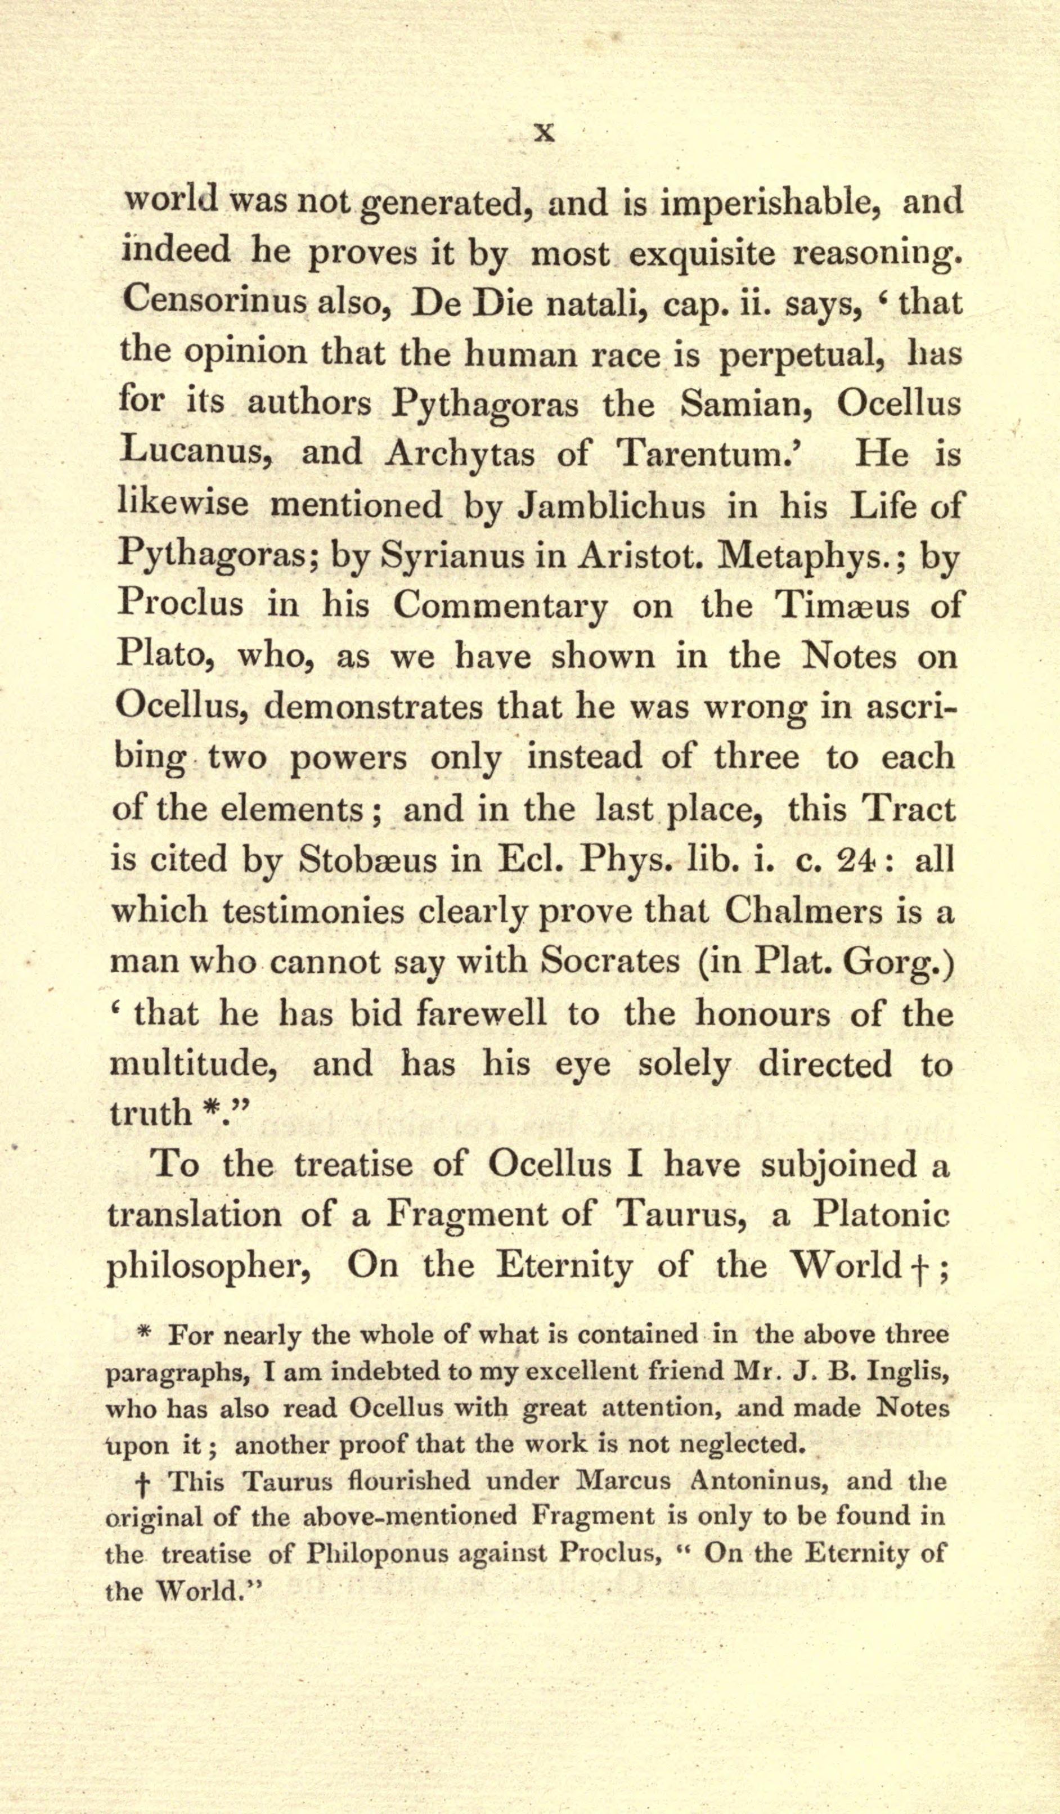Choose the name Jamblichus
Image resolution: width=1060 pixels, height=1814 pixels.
coord(611,505)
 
